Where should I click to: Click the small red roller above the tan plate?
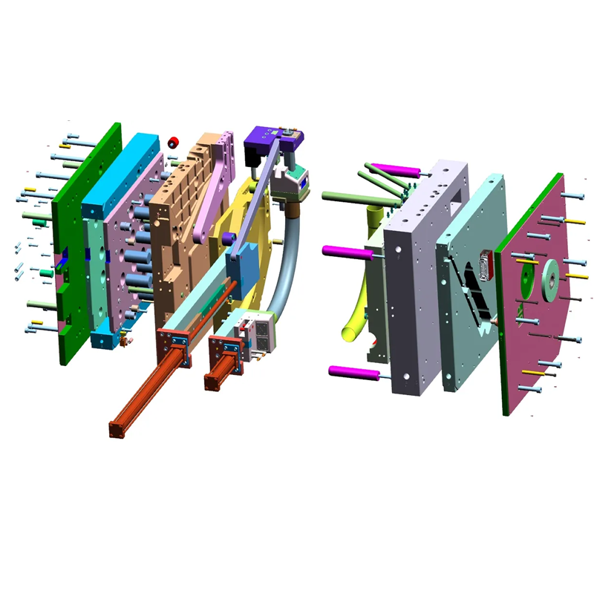(x=174, y=143)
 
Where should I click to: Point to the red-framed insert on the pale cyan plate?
(x=487, y=264)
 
